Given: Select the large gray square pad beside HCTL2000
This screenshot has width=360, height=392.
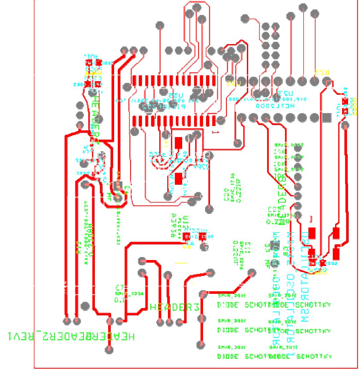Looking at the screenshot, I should (x=327, y=118).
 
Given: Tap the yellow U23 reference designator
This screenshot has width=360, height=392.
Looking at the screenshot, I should (x=322, y=72).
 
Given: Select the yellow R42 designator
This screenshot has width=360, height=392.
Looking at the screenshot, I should (x=79, y=248).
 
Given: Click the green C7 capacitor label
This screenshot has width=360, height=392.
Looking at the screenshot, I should (x=120, y=287).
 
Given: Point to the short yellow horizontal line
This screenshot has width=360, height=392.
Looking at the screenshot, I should (x=181, y=264).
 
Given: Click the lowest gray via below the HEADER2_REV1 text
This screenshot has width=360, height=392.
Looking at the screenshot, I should (x=109, y=350).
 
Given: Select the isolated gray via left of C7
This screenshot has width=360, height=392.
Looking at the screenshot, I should (x=85, y=305).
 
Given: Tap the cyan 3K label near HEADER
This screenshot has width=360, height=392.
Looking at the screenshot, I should (x=86, y=149).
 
